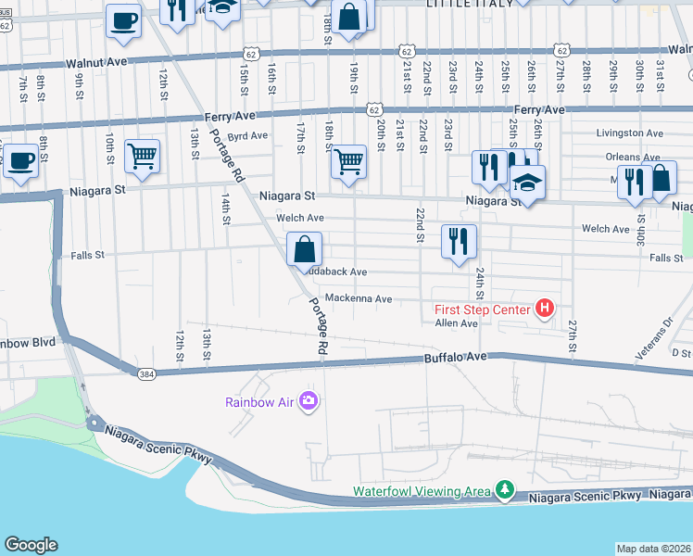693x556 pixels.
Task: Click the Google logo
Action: [31, 545]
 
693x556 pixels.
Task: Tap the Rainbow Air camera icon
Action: [309, 401]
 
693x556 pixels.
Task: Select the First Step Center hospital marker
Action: [545, 309]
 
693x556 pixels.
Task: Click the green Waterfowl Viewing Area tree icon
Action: [504, 488]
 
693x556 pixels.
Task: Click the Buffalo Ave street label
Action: [455, 357]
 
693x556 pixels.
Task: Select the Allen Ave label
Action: [456, 323]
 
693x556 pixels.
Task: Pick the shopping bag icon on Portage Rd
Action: [304, 248]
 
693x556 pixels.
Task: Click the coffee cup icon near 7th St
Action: [20, 159]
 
